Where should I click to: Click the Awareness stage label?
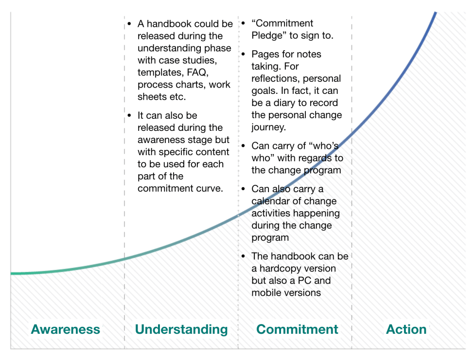(65, 329)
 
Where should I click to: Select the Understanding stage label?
(181, 330)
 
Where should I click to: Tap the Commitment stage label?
(297, 329)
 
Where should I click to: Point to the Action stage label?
(406, 329)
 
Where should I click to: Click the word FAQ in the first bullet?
(197, 72)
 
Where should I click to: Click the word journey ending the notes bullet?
(268, 127)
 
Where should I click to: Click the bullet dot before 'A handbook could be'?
(130, 24)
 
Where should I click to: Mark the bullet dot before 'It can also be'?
(130, 115)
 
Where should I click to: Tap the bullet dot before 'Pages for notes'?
(244, 54)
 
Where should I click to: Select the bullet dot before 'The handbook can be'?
(244, 256)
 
